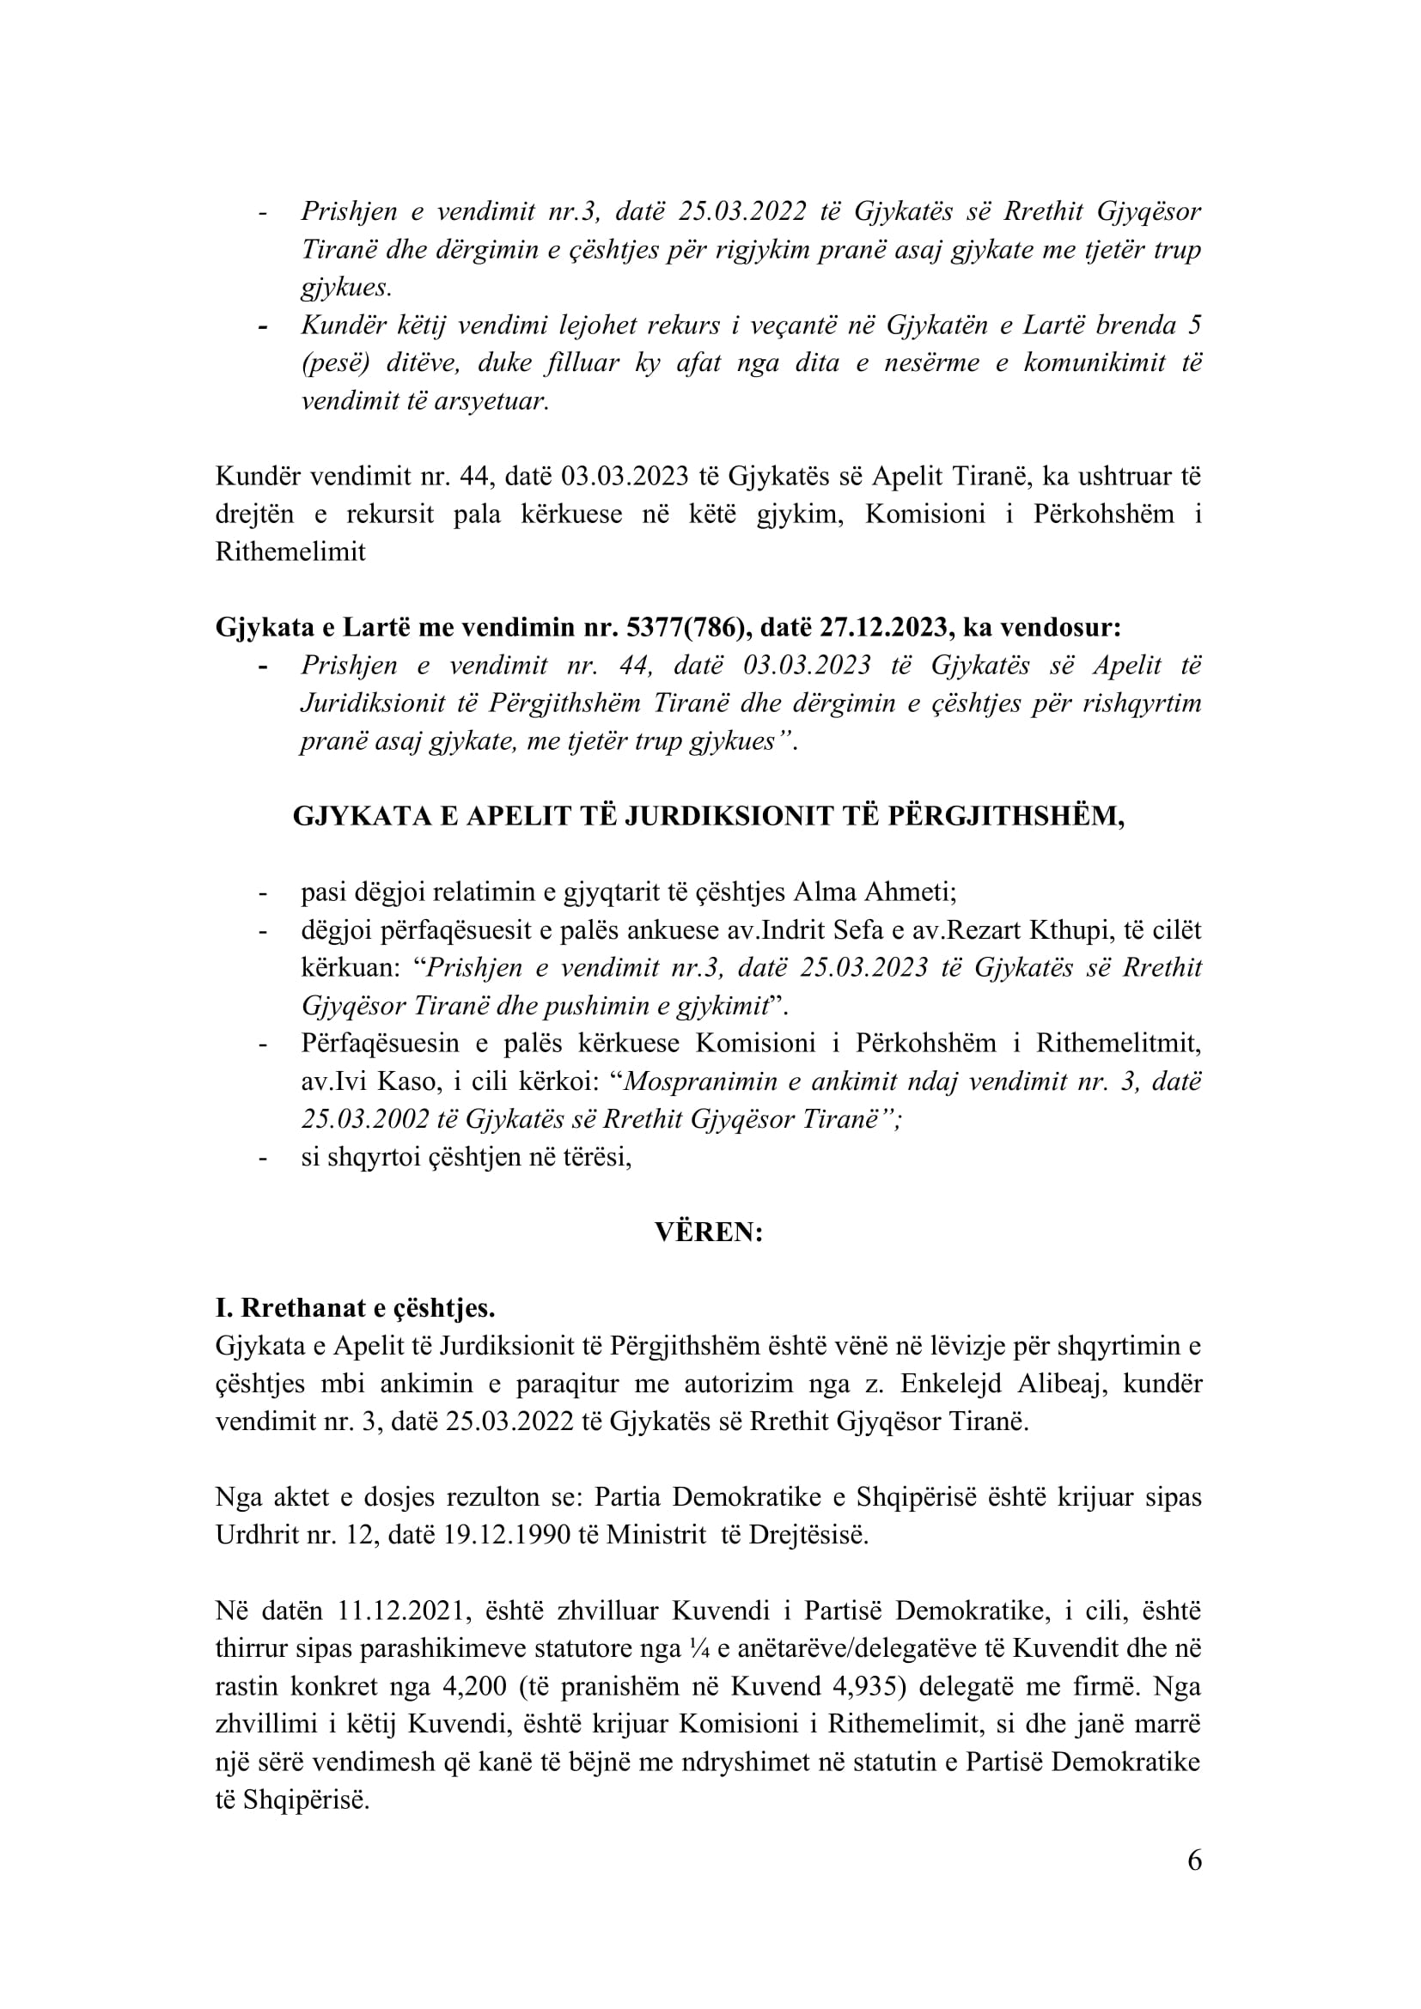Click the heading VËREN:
pyautogui.click(x=709, y=1232)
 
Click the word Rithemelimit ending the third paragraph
pyautogui.click(x=290, y=552)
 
